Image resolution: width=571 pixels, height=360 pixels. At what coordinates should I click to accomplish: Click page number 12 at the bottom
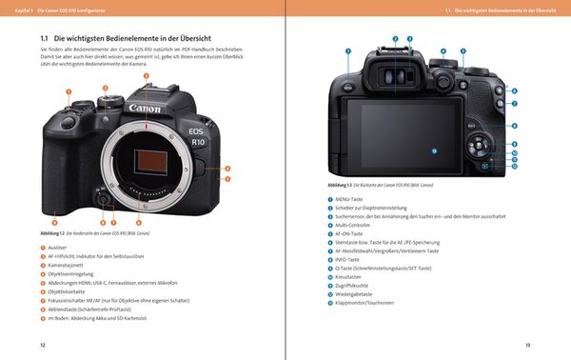click(x=42, y=344)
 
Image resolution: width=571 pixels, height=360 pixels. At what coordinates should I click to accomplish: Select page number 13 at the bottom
click(x=528, y=344)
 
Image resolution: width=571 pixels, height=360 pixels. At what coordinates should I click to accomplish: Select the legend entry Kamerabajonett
click(x=67, y=264)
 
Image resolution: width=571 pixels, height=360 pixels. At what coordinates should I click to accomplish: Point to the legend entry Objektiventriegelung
click(x=71, y=271)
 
